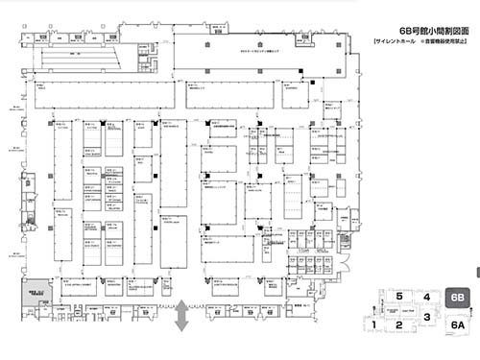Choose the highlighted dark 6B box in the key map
(458, 300)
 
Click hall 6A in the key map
(458, 325)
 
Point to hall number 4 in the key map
(424, 298)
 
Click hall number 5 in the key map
(398, 298)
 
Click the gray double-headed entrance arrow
(180, 316)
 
